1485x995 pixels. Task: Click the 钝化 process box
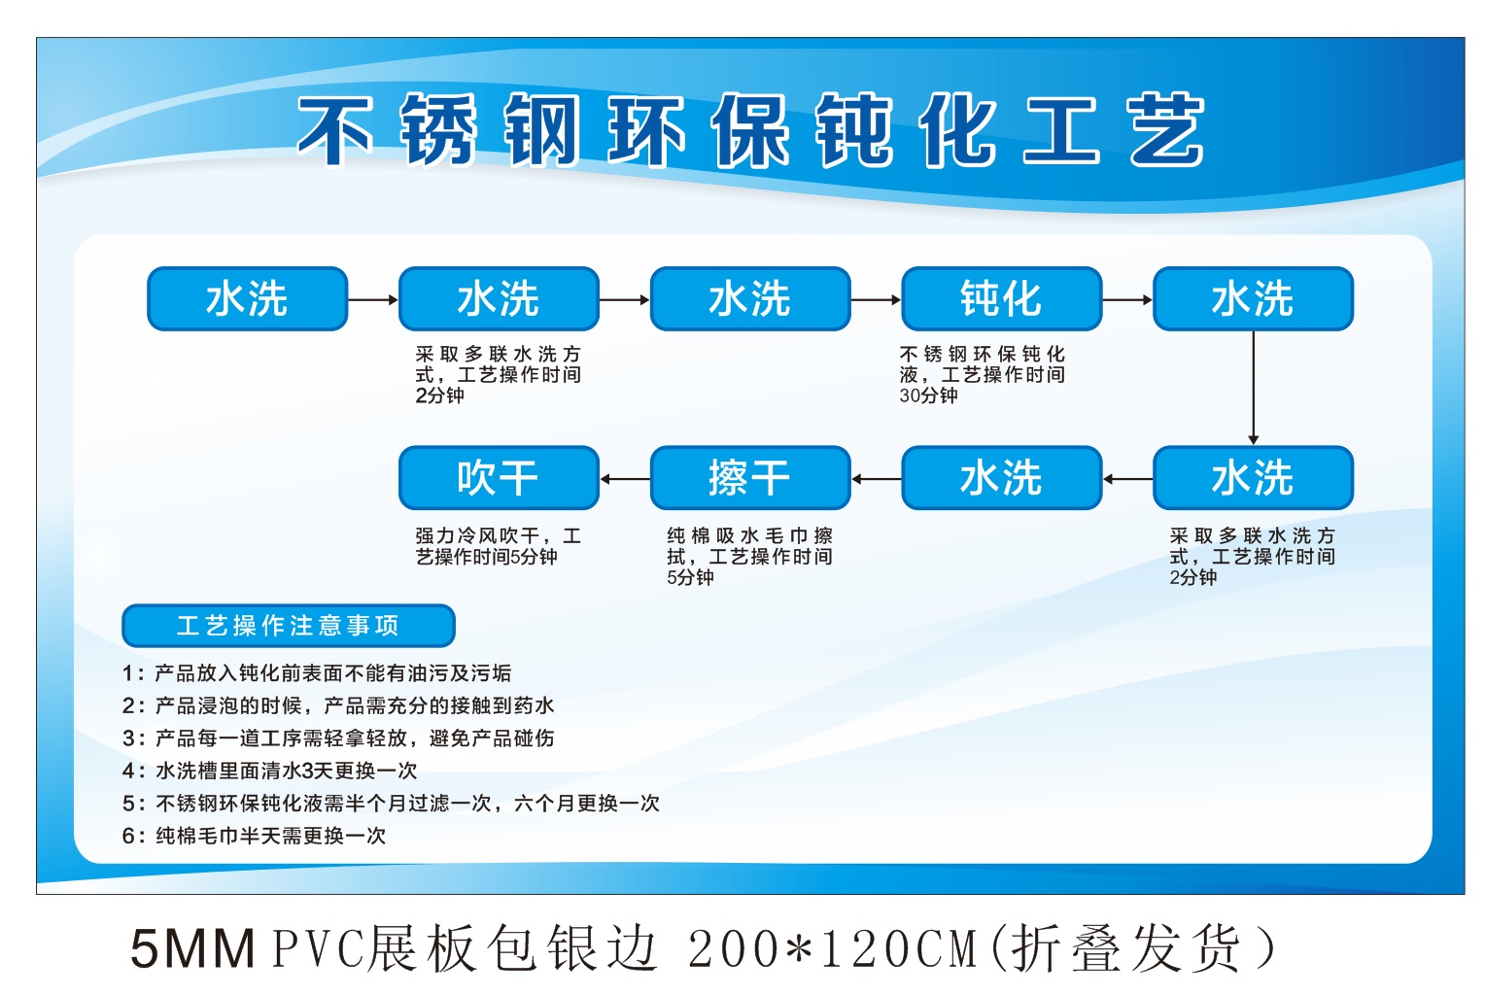coord(1001,299)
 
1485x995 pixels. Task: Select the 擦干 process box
coord(750,478)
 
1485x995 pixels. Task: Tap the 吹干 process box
coord(499,478)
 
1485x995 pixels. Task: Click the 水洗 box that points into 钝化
coord(750,299)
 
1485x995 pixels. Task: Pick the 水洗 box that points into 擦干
coord(1001,478)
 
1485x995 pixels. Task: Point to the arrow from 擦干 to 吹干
coord(625,479)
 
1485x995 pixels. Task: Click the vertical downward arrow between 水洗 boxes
coord(1253,388)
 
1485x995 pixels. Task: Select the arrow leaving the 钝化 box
coord(1127,299)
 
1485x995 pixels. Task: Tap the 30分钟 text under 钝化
coord(928,395)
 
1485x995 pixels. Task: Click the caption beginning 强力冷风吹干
coord(499,545)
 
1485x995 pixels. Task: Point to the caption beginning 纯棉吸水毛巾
coord(750,556)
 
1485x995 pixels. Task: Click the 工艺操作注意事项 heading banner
coord(289,625)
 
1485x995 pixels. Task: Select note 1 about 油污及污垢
coord(317,672)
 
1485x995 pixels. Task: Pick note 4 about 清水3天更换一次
coord(270,771)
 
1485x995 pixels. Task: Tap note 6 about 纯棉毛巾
coord(254,836)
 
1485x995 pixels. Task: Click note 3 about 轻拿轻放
coord(338,738)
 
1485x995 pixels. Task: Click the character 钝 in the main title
coord(854,129)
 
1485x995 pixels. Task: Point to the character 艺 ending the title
coord(1167,129)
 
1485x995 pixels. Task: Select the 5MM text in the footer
coord(193,948)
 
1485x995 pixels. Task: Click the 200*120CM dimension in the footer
coord(833,948)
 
